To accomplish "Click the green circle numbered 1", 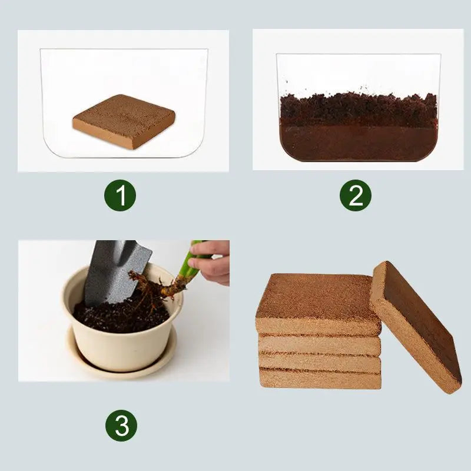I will (x=121, y=196).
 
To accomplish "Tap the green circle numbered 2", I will (x=356, y=196).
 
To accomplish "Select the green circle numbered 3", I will (x=121, y=425).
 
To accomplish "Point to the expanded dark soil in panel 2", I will (x=358, y=127).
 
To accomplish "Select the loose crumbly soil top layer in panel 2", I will (x=358, y=106).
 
